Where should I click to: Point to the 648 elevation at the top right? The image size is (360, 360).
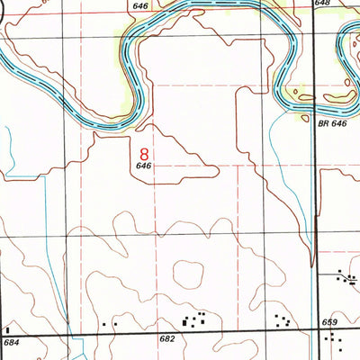point(322,4)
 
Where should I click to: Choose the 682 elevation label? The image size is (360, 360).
point(167,338)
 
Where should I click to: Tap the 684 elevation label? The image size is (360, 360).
point(11,343)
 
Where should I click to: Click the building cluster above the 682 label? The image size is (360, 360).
point(195,319)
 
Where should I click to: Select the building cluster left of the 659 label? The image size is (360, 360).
point(283,319)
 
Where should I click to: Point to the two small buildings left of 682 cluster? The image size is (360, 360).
point(110,322)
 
